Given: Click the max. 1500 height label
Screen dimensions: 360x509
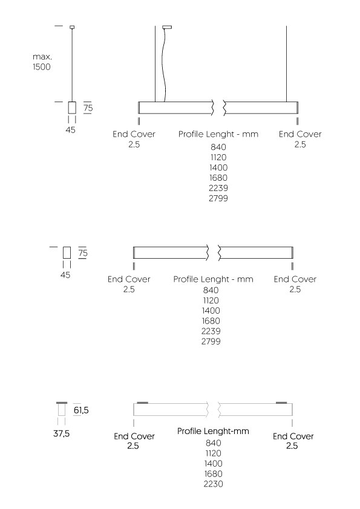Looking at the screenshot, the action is click(42, 62).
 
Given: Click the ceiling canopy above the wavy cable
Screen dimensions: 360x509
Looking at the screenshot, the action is click(167, 27).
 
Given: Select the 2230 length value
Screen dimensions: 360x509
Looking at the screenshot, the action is click(214, 484).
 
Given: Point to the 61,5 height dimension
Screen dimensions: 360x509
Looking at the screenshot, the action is click(81, 410).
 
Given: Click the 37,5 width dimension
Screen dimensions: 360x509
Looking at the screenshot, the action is click(61, 433).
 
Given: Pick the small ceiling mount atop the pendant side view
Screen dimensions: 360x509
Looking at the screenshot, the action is click(72, 27).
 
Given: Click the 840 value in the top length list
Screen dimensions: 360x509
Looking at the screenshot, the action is click(218, 147).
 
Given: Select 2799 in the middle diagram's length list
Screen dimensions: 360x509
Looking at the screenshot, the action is click(211, 342).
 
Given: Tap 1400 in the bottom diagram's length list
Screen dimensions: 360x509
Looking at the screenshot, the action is click(214, 464).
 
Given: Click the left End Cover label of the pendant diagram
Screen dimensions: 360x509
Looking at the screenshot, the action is click(134, 139).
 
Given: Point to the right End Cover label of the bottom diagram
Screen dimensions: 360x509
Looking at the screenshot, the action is click(293, 441).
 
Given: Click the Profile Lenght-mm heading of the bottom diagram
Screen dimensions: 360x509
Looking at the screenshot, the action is click(213, 431).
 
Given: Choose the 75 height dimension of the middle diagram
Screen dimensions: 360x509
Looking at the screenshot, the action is click(83, 253).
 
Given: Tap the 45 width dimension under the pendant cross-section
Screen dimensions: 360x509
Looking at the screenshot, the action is click(71, 130).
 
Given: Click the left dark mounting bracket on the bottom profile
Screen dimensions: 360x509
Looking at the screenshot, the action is click(143, 403).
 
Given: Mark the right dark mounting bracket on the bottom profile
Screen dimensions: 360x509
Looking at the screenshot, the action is click(281, 403).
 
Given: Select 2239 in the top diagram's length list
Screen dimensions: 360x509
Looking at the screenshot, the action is click(218, 188).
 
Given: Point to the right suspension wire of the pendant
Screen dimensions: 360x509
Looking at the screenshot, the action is click(287, 64).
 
